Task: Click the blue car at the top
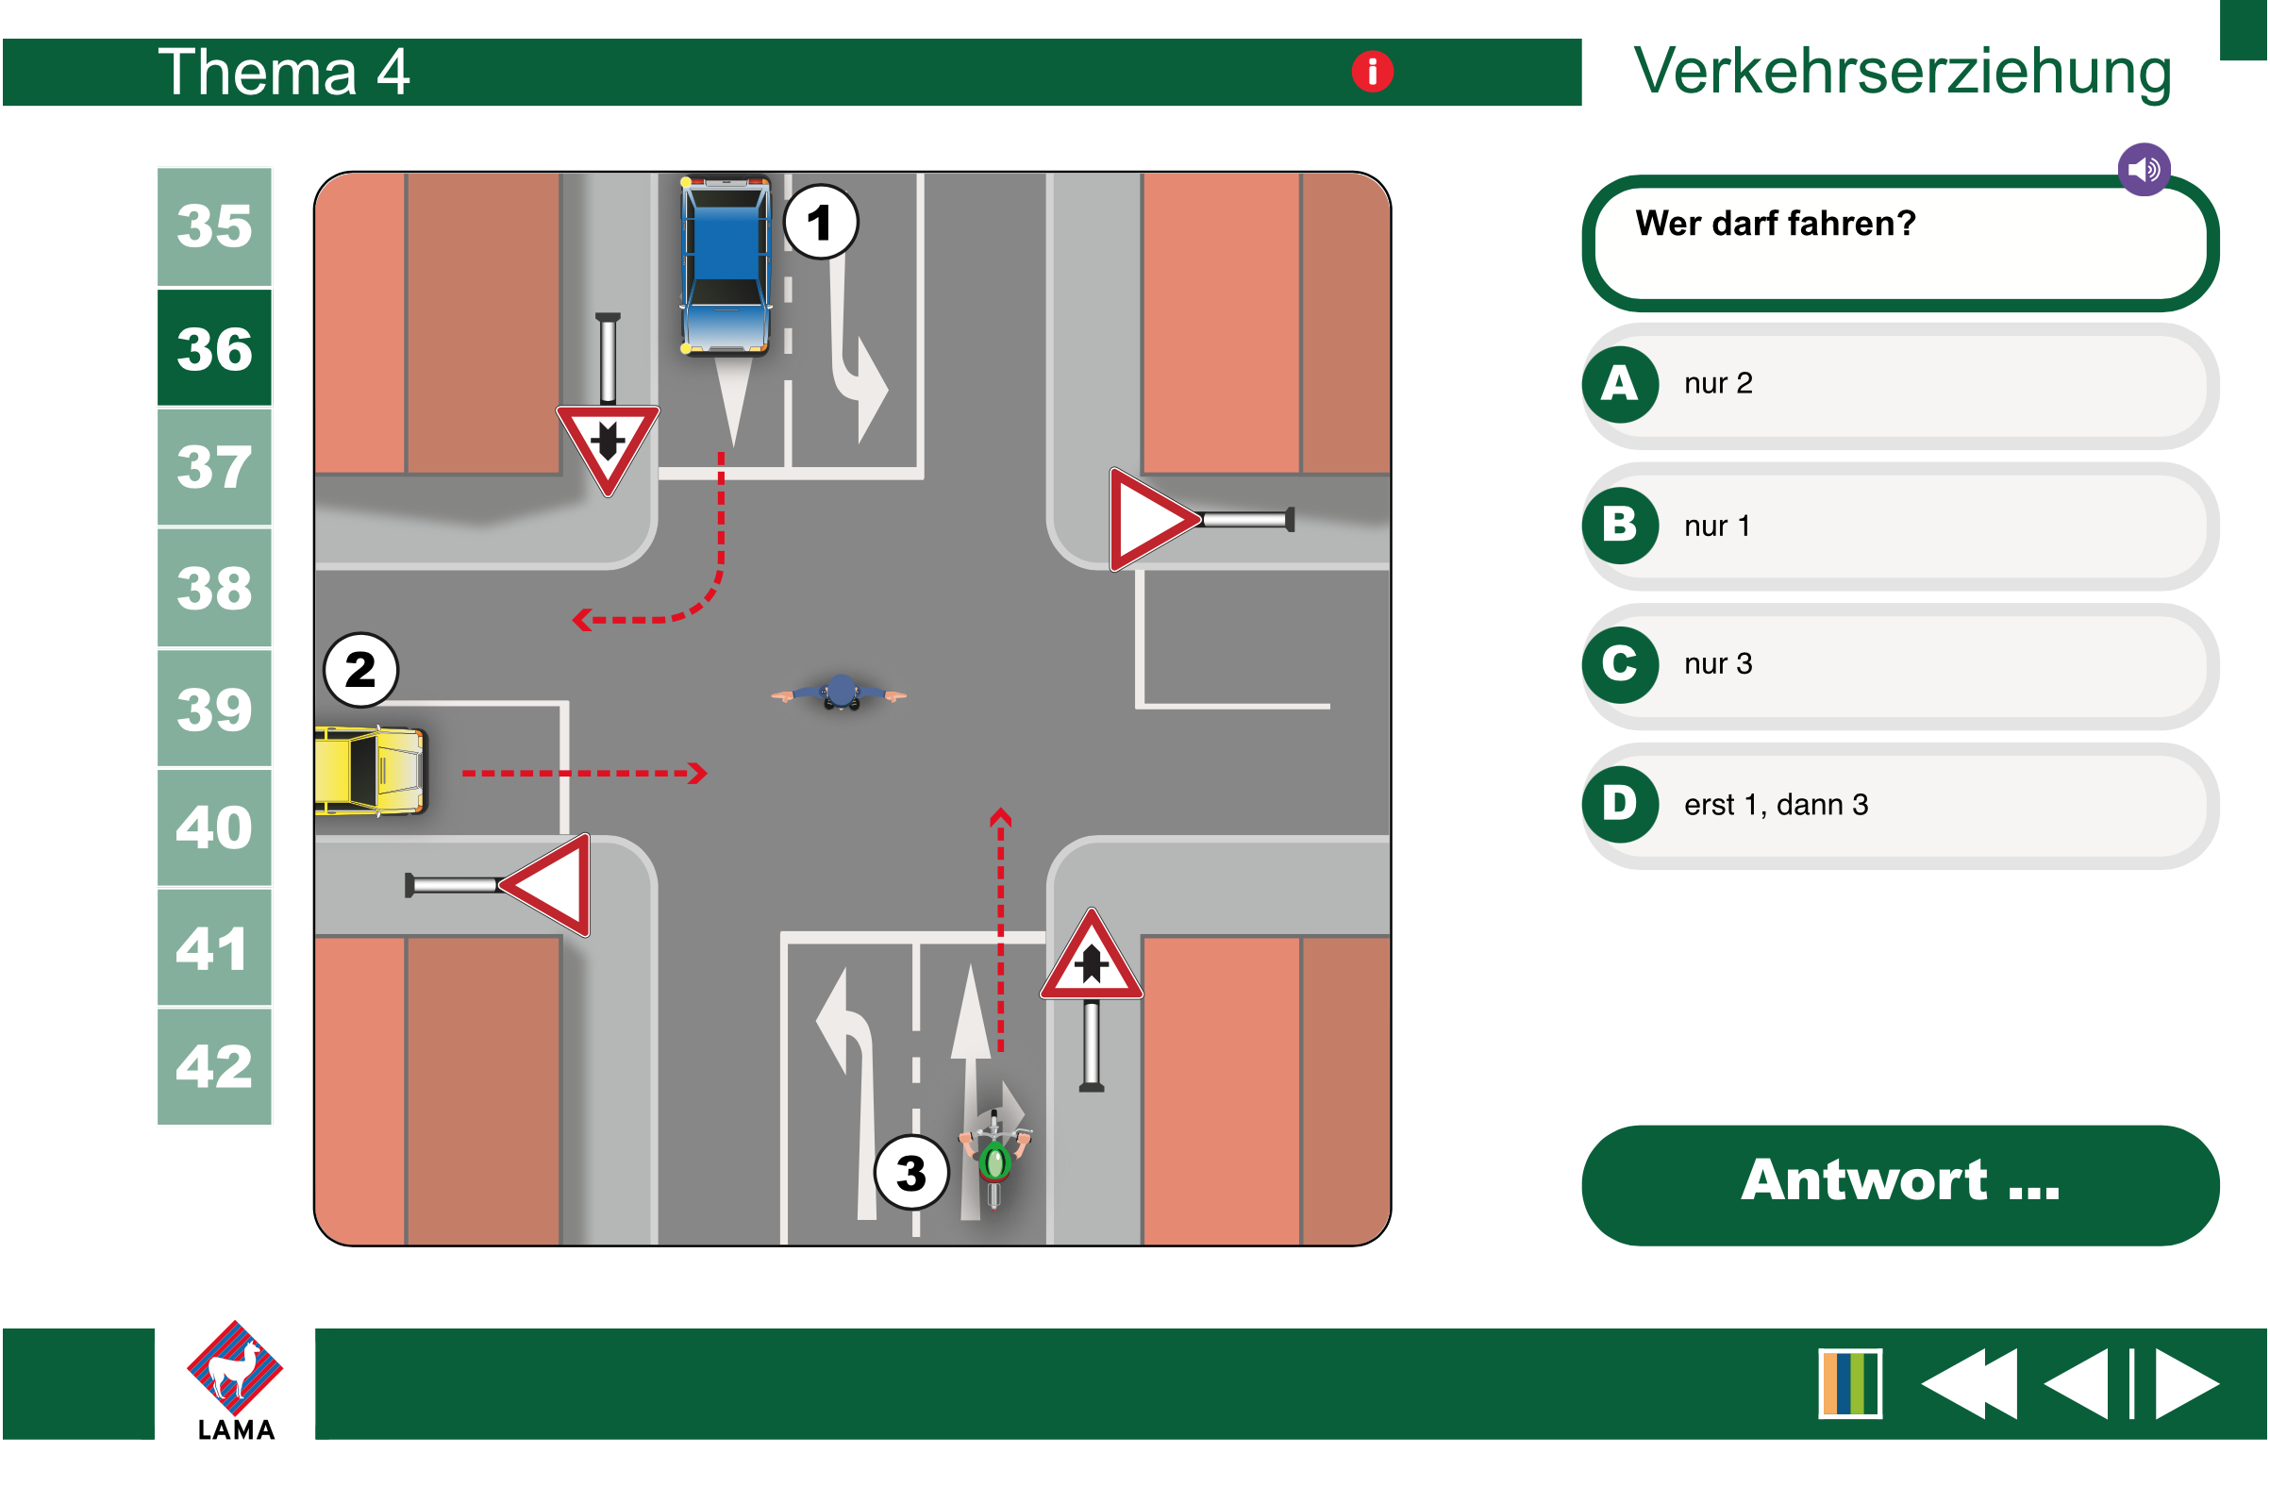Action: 726,265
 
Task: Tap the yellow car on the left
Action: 370,772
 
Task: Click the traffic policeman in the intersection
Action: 840,693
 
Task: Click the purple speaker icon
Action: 2145,170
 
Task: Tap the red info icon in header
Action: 1373,72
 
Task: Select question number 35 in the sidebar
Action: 214,227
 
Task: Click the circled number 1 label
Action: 820,223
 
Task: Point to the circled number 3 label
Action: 911,1173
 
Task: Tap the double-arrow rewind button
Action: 1971,1384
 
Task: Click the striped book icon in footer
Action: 1850,1384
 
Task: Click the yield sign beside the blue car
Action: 608,446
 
